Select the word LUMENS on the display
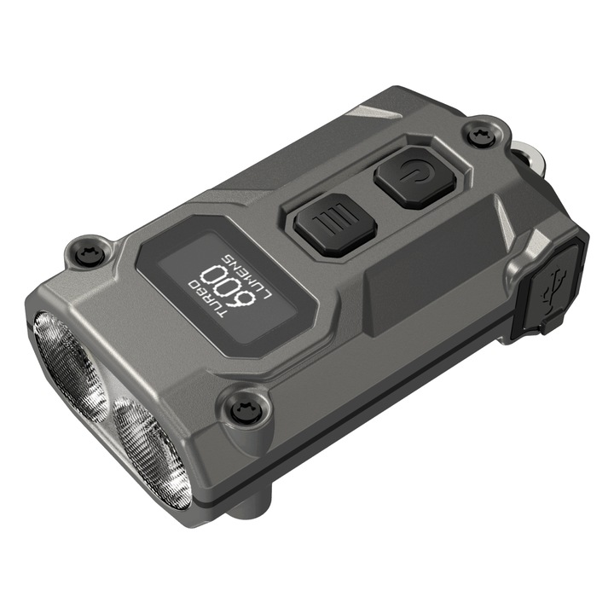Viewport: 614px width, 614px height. (x=246, y=271)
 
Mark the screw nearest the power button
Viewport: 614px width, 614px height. (x=479, y=133)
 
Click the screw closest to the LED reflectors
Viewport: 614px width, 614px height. (x=243, y=410)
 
